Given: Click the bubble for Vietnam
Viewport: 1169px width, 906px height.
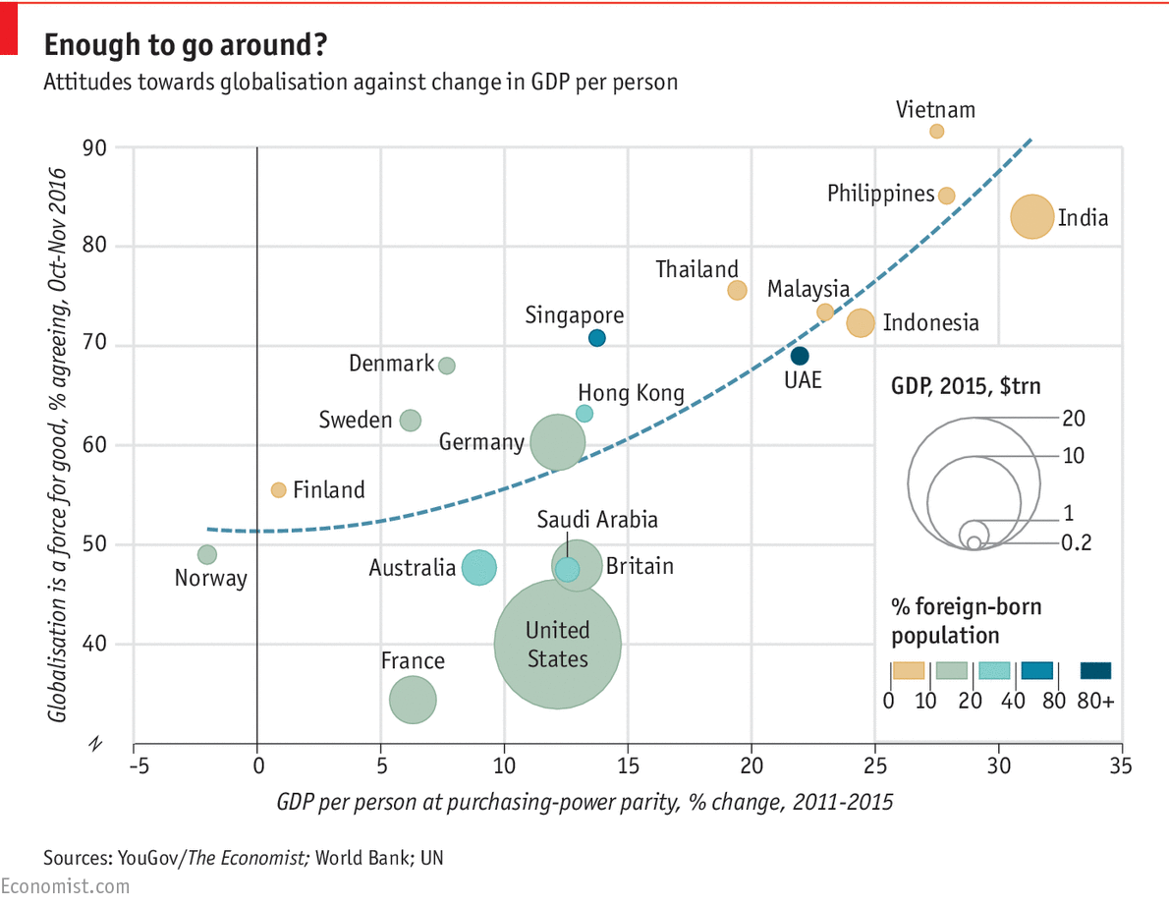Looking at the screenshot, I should click(936, 131).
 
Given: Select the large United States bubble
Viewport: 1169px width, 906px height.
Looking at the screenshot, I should click(557, 644).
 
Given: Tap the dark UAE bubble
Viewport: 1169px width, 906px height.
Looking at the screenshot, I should click(800, 356).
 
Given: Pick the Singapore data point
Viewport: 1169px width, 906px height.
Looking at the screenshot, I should click(596, 338).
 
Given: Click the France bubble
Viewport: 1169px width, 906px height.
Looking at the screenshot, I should click(413, 701).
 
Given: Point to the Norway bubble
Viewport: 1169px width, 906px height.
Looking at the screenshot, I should click(206, 555).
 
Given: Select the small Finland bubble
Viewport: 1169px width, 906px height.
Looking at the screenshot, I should click(278, 489).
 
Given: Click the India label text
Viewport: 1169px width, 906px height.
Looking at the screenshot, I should click(1083, 218).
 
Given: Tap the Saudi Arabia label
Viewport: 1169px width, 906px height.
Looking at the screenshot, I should click(597, 520).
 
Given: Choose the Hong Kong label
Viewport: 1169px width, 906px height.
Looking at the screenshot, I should click(631, 394).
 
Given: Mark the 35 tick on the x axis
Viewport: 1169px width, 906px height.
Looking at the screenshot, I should click(1122, 765).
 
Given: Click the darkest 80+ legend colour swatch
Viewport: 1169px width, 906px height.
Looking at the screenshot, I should click(1095, 671).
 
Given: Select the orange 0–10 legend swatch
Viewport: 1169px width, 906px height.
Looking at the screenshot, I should click(909, 671).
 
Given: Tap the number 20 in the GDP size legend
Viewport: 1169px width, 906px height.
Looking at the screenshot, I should click(1073, 419).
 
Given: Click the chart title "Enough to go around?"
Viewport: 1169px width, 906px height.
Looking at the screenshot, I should click(186, 45).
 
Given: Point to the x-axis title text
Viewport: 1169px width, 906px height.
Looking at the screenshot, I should click(584, 801).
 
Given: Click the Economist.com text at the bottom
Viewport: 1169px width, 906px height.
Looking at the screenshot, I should click(65, 886).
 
